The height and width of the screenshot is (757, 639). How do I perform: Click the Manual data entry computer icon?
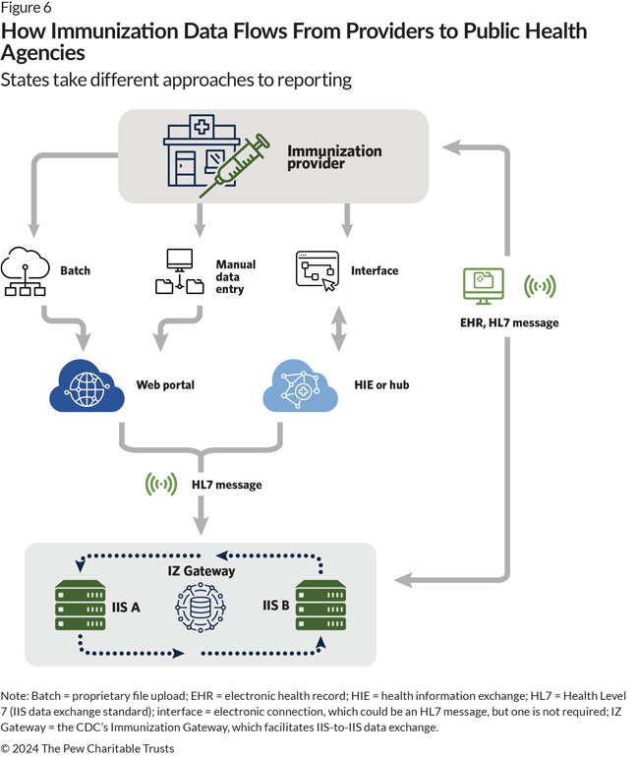(x=180, y=271)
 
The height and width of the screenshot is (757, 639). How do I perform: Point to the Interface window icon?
(x=318, y=269)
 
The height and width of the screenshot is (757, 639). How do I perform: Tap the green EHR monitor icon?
(x=483, y=286)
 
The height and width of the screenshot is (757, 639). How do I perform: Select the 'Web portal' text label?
(x=165, y=384)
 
